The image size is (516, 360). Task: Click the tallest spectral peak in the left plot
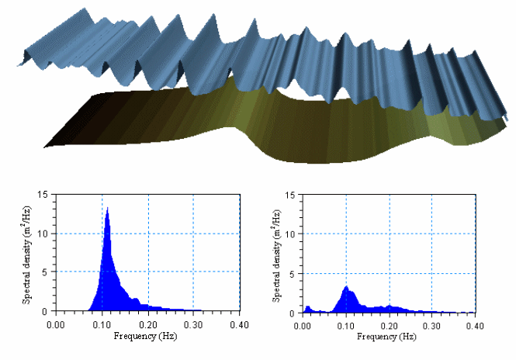[x=107, y=209]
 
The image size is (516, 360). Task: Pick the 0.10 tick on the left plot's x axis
[x=102, y=321]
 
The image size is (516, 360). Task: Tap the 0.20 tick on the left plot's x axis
[x=148, y=321]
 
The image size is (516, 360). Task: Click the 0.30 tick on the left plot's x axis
[x=194, y=321]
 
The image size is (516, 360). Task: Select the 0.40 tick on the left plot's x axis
[x=240, y=321]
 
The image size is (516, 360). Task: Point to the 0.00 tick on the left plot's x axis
[x=57, y=321]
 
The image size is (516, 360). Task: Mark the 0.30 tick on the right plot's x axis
[x=438, y=321]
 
